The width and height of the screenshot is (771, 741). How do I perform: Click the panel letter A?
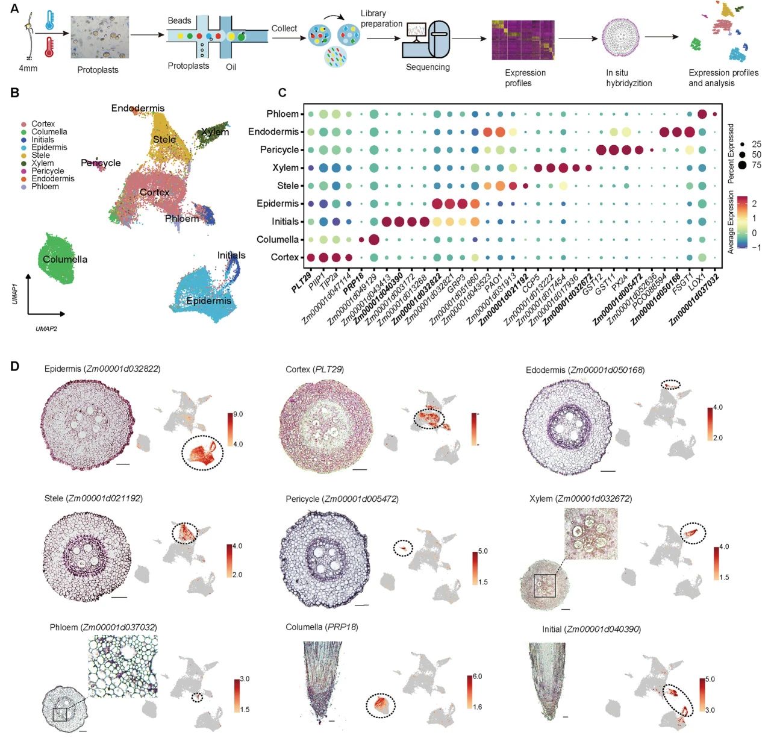point(14,10)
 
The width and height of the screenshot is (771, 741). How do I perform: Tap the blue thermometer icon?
point(49,20)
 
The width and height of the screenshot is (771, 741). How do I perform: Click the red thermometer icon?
point(49,46)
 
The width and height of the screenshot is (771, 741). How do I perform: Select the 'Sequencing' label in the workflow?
point(428,67)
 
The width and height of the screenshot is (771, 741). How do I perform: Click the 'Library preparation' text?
point(381,19)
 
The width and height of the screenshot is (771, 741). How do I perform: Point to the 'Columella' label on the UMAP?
point(65,260)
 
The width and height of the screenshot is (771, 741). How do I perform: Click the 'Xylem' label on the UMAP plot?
point(215,132)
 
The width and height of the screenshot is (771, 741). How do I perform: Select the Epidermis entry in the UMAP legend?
point(49,148)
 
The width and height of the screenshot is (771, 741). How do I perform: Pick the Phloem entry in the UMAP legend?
point(45,187)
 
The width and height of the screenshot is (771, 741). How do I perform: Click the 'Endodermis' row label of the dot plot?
point(273,132)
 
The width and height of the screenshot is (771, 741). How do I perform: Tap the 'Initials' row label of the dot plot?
point(285,222)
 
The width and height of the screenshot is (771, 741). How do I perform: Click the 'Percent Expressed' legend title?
point(731,154)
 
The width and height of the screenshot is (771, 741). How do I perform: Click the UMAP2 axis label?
point(46,329)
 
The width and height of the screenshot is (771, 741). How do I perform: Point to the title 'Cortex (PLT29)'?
point(314,369)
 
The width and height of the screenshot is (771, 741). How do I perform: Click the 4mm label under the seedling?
point(28,69)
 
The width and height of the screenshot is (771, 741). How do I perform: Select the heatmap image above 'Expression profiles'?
point(522,40)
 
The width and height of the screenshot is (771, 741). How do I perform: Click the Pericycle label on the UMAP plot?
point(101,163)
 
